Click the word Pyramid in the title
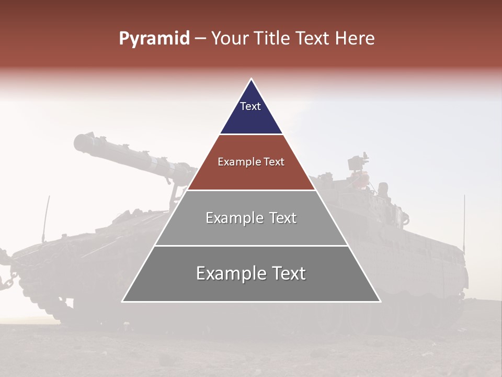click(x=154, y=39)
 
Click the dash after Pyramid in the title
click(x=200, y=39)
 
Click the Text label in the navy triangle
click(x=250, y=106)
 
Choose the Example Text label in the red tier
click(x=251, y=162)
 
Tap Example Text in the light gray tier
click(x=251, y=218)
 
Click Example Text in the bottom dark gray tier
click(x=251, y=273)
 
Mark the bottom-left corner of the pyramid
click(x=122, y=301)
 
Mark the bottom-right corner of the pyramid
click(x=380, y=301)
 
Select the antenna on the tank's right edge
click(x=464, y=220)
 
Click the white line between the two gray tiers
click(x=251, y=246)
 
